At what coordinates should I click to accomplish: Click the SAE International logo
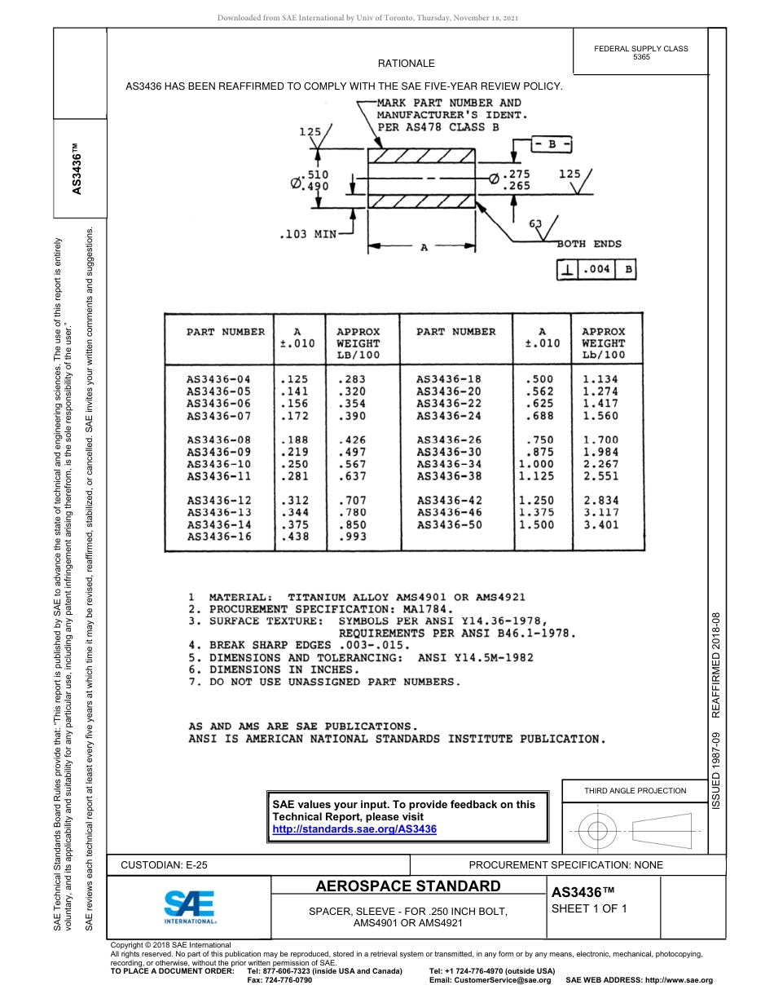coord(190,905)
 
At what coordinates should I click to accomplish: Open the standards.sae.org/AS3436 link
coord(354,828)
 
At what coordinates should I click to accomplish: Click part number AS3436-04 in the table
coord(218,379)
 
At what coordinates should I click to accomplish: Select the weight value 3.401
coord(600,524)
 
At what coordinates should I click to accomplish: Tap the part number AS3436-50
coord(449,524)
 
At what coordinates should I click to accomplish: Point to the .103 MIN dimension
coord(307,234)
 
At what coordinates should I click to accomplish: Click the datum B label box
coord(552,144)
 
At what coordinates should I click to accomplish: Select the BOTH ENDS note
coord(588,244)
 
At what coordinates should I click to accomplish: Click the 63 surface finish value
coord(535,223)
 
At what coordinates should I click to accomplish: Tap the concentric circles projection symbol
coord(597,831)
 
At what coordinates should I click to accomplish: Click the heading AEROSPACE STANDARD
coord(407,886)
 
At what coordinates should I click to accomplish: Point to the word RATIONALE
coord(406,63)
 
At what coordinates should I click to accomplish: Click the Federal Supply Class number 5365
coord(641,58)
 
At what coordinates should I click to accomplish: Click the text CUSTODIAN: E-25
coord(169,864)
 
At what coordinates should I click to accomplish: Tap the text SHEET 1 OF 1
coord(589,909)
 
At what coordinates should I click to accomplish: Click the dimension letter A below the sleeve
coord(424,248)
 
